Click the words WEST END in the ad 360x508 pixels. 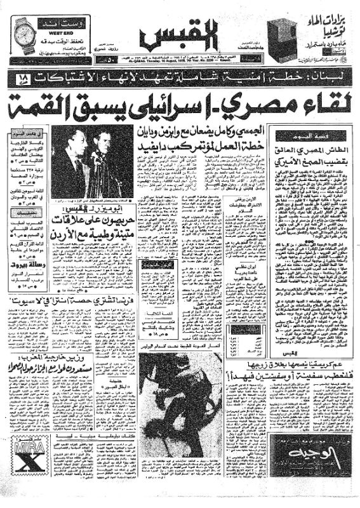point(51,30)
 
